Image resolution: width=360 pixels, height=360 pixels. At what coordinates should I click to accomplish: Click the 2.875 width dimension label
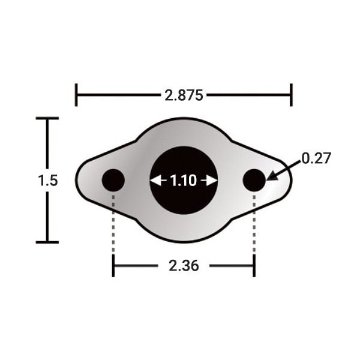click(184, 95)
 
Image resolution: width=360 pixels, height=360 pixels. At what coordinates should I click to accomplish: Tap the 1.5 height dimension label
click(48, 181)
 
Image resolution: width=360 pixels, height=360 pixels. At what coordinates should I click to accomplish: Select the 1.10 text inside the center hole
click(183, 181)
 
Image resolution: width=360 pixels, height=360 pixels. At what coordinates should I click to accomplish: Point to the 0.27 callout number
click(316, 158)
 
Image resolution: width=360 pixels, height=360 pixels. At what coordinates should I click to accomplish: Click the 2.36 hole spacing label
click(184, 266)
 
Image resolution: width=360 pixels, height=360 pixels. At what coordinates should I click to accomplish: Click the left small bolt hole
click(113, 180)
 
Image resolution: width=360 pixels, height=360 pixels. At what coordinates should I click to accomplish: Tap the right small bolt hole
click(254, 180)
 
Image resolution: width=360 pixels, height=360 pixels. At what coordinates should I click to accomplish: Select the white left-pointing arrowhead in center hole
click(155, 181)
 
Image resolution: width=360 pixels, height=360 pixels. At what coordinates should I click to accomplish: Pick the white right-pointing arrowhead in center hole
click(212, 181)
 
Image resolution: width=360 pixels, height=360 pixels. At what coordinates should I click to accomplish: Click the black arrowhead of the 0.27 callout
click(272, 176)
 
